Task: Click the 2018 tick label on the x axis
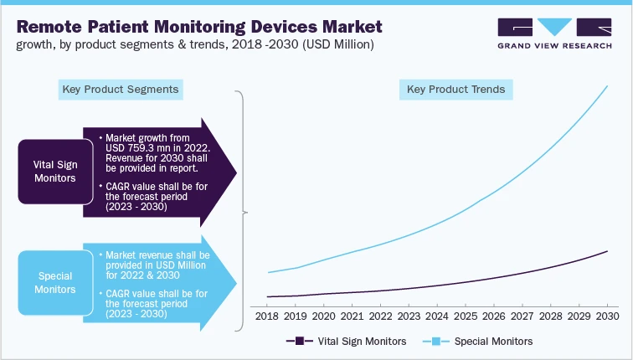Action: (x=266, y=317)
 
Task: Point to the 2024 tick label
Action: (x=437, y=317)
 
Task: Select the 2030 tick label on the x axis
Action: (x=607, y=317)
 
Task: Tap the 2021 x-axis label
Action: (x=352, y=317)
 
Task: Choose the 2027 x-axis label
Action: (x=522, y=317)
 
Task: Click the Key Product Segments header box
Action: (x=121, y=89)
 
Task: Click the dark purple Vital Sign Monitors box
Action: (x=50, y=171)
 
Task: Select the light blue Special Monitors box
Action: (x=50, y=282)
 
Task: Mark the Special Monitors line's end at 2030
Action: (x=607, y=85)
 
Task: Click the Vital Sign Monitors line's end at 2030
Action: (x=607, y=249)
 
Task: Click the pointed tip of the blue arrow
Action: (x=237, y=283)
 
